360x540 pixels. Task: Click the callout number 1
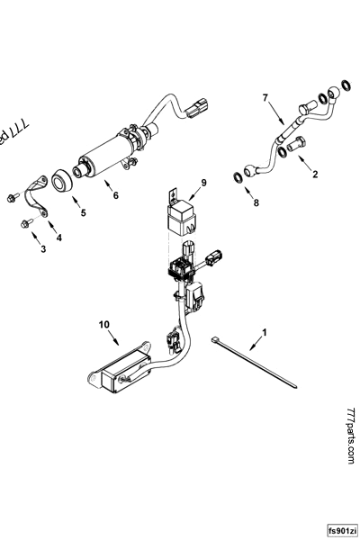[x=264, y=332]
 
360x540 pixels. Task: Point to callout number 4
[x=59, y=238]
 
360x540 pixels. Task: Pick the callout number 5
[x=84, y=213]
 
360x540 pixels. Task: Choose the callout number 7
[x=265, y=97]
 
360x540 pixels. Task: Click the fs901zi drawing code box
[x=343, y=530]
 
